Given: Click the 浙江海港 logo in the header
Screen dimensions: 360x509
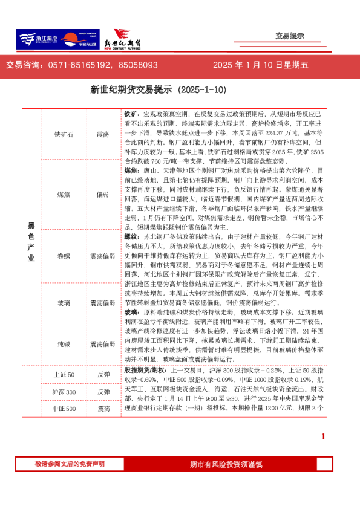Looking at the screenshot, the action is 38,39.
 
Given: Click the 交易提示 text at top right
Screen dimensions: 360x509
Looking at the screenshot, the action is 289,36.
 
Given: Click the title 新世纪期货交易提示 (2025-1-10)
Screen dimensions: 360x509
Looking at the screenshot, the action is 159,90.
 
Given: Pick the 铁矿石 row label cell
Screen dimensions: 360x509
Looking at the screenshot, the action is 64,134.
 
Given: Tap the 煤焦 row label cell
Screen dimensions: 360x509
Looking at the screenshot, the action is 64,195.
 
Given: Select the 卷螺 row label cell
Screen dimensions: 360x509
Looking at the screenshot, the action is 64,256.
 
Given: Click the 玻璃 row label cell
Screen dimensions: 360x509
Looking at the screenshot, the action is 64,302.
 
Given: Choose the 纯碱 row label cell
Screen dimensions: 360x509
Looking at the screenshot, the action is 64,343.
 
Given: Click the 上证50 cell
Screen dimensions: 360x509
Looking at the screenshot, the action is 64,375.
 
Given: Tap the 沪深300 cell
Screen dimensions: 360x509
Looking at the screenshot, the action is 64,392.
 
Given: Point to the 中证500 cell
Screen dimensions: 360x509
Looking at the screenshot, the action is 64,409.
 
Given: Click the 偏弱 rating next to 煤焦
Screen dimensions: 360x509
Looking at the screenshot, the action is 103,195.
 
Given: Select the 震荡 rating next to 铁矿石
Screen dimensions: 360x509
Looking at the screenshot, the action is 103,134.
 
